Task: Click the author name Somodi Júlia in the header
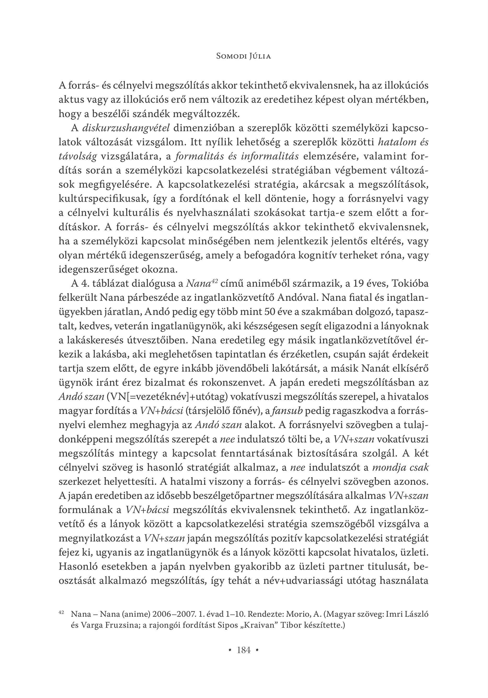244,56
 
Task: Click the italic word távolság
78,156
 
